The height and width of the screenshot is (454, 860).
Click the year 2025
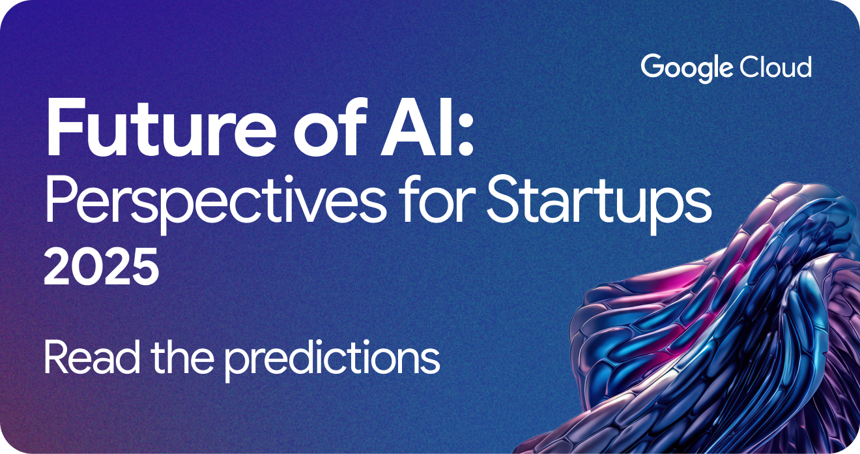click(101, 268)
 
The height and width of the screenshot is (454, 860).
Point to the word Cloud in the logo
click(775, 67)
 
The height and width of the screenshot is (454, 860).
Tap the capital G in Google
click(652, 67)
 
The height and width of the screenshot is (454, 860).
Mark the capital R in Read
click(57, 358)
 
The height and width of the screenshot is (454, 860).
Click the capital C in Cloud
click(749, 67)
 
